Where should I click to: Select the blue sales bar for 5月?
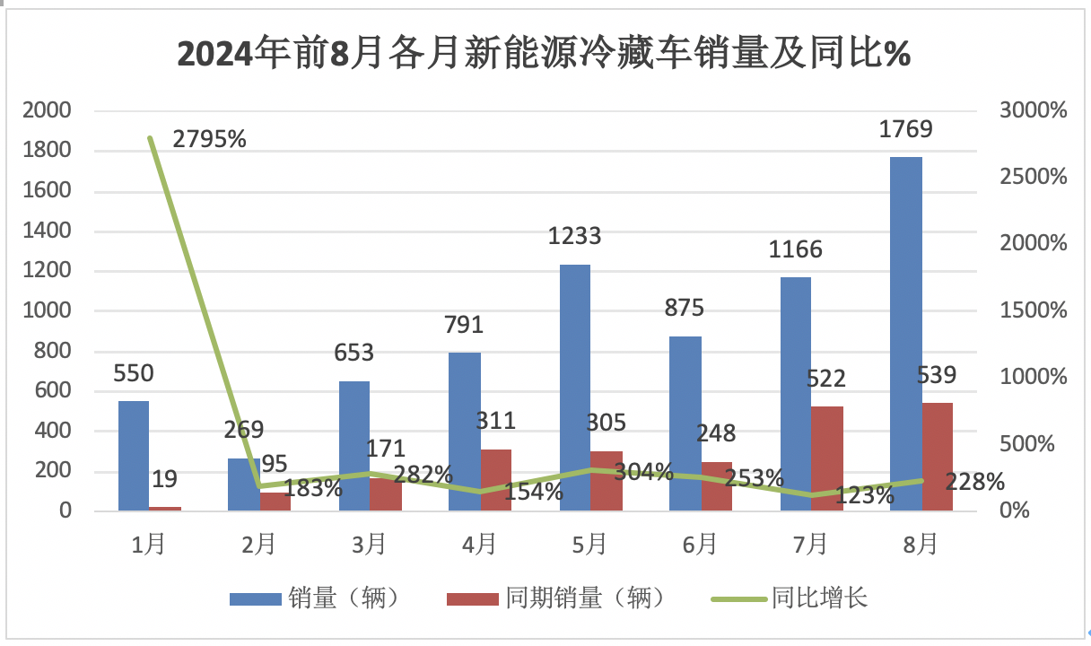tap(575, 388)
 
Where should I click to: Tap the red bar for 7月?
tap(826, 458)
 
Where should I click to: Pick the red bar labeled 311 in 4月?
tap(495, 480)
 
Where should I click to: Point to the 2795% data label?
tap(209, 139)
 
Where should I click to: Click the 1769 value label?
tap(906, 128)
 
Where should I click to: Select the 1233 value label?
tap(575, 236)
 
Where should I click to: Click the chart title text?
tap(545, 54)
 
